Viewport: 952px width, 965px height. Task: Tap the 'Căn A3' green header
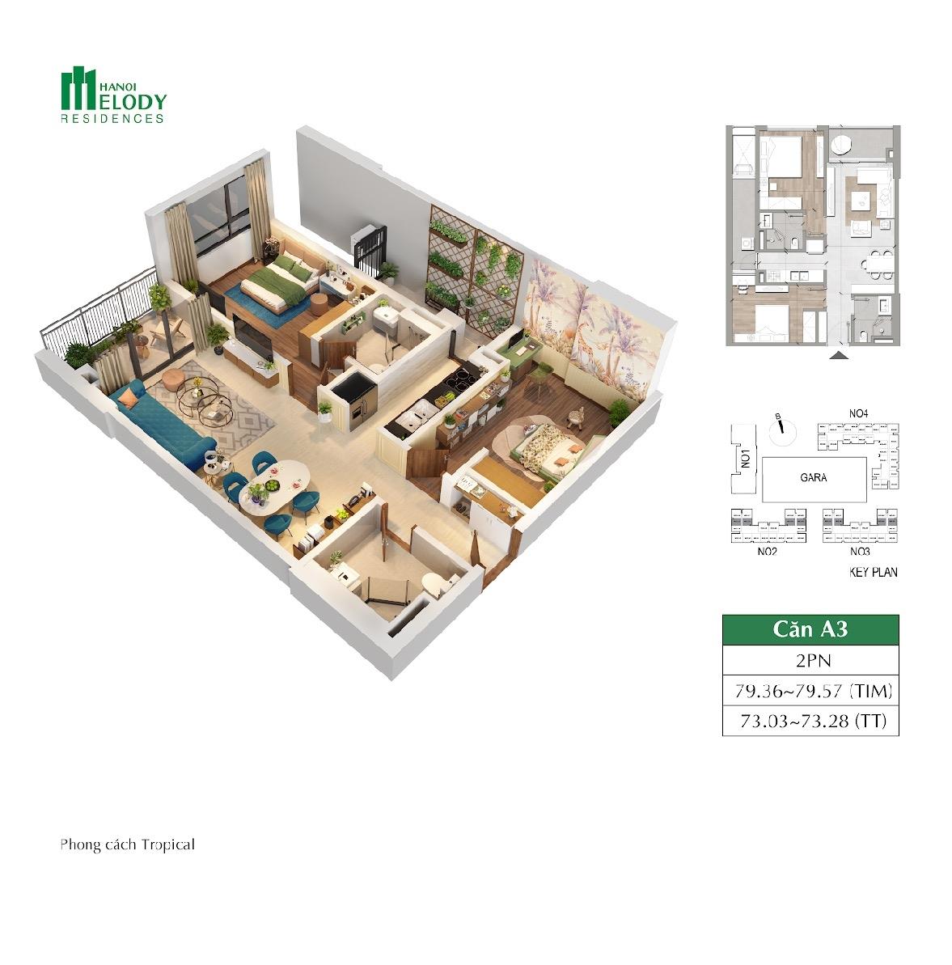[810, 629]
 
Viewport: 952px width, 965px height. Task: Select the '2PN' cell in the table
[810, 660]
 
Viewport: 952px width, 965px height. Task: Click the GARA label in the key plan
[813, 477]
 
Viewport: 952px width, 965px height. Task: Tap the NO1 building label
[745, 459]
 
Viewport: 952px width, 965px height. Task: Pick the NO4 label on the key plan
[858, 413]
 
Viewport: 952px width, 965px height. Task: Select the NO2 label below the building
[767, 552]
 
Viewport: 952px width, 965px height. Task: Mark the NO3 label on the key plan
[860, 552]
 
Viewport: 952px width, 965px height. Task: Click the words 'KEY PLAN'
[874, 573]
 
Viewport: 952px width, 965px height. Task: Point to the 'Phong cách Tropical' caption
[127, 845]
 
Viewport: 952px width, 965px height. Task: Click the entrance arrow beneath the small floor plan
[839, 355]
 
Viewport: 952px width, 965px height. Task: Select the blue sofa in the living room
[162, 425]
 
